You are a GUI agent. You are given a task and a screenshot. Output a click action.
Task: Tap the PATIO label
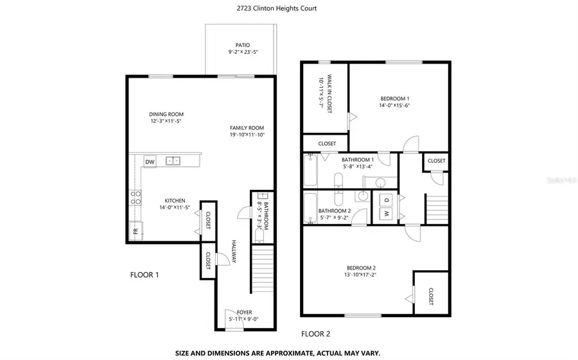(x=238, y=46)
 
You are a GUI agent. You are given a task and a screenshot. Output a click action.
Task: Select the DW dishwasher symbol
(x=150, y=162)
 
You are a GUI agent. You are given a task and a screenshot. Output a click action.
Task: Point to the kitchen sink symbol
(x=172, y=161)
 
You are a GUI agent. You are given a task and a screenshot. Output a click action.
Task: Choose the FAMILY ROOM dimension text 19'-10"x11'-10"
(x=247, y=135)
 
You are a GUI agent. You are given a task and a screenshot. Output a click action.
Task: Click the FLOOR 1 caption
(x=144, y=275)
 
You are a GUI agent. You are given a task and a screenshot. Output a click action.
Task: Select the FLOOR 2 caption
(x=315, y=334)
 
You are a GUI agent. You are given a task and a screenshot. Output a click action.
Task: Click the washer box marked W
(x=387, y=212)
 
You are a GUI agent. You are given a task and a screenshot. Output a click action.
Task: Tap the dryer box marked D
(x=387, y=198)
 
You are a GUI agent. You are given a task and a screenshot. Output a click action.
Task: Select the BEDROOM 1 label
(x=395, y=99)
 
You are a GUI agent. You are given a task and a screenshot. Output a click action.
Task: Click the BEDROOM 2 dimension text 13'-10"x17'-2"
(x=360, y=275)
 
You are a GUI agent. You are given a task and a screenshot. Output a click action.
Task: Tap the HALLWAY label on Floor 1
(x=234, y=252)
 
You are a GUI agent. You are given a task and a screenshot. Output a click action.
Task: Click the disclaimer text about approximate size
(x=278, y=353)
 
